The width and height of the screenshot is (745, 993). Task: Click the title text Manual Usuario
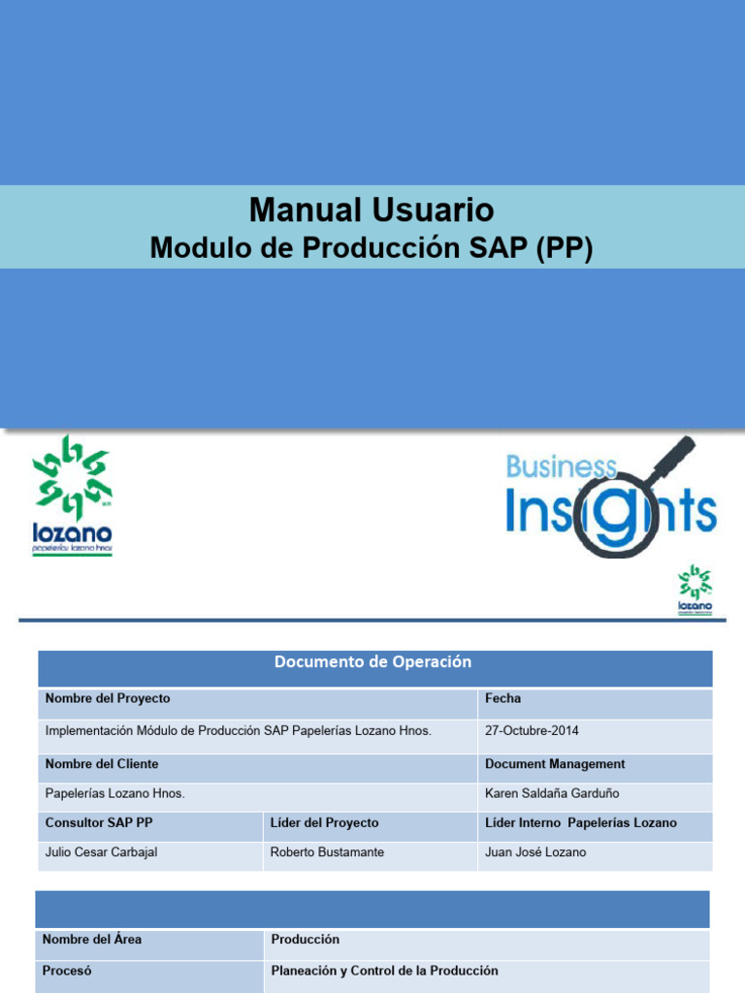[372, 209]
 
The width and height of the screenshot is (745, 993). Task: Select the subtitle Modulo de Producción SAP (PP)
[372, 248]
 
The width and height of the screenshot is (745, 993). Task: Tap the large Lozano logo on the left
[73, 495]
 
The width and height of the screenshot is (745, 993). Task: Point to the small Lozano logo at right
[695, 591]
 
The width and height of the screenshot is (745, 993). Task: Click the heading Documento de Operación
[372, 662]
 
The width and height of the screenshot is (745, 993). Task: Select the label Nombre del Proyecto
[108, 698]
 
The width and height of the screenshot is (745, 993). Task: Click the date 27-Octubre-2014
[532, 730]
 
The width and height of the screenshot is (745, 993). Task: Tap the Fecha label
[502, 698]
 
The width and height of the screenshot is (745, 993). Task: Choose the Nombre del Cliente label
[102, 764]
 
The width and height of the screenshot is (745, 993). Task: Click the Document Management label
[555, 764]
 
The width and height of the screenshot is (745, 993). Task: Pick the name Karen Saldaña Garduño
[552, 793]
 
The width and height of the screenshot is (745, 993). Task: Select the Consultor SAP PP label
[99, 822]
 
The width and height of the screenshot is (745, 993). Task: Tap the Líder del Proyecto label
[324, 822]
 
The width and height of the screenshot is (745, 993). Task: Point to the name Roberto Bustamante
[327, 852]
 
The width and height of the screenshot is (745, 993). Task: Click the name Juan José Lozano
[535, 852]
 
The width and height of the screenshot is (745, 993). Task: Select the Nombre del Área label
[92, 940]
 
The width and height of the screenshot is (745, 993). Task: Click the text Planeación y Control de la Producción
[384, 971]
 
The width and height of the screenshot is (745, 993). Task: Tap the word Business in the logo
[561, 467]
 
